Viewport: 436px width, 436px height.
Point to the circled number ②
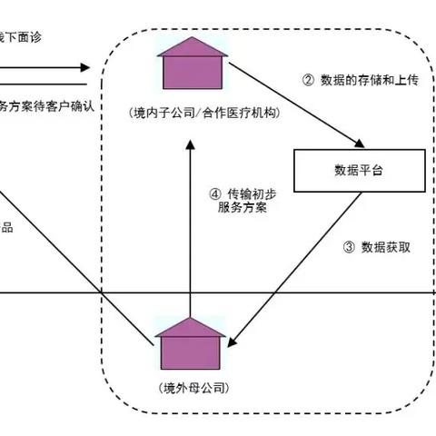point(307,79)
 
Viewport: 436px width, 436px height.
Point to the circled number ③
point(349,246)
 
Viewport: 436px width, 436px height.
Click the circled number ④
point(215,193)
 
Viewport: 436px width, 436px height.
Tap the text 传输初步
point(248,193)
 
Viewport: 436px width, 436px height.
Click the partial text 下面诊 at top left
point(21,37)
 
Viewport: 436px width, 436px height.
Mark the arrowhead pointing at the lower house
point(231,343)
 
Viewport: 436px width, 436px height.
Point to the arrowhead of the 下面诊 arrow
point(85,67)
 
